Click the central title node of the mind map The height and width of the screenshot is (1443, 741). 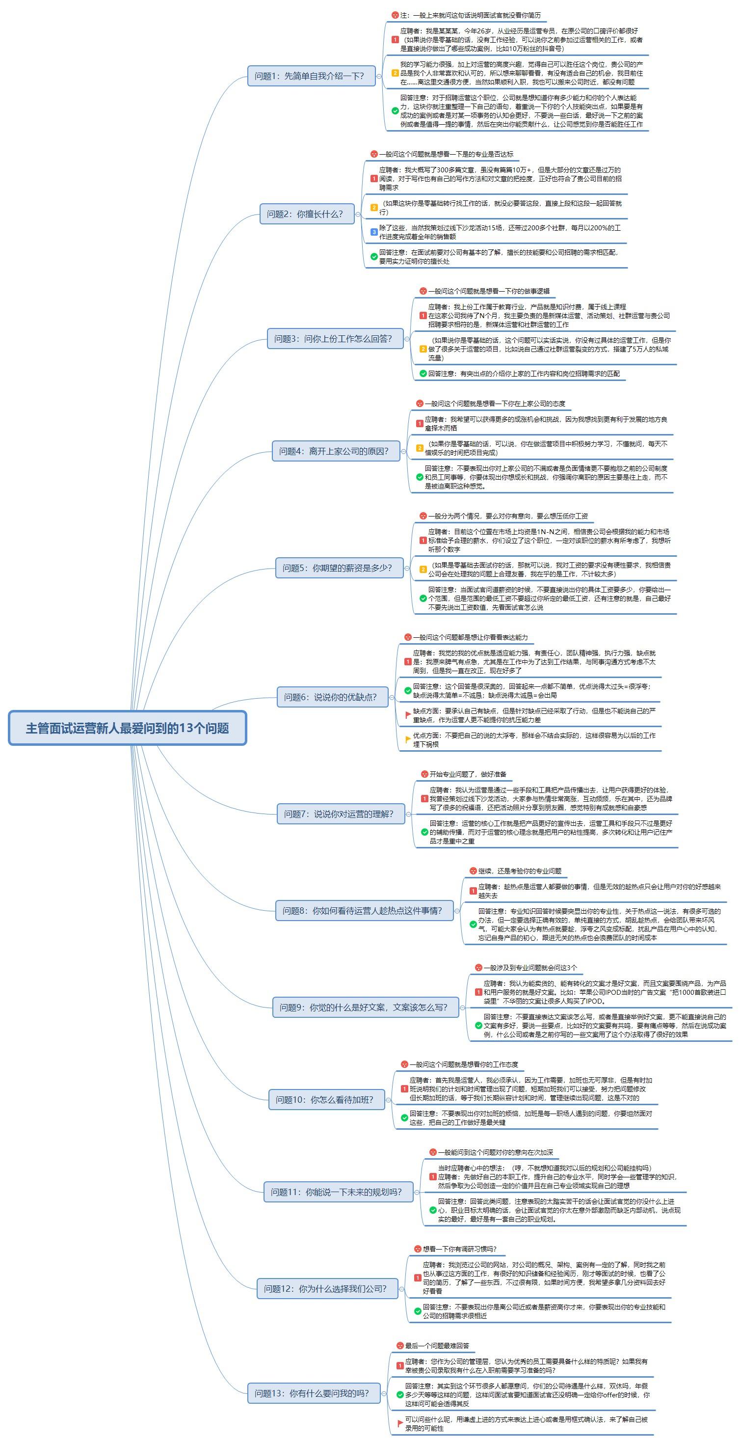pos(128,728)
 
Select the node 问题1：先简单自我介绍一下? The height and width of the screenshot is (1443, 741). pos(312,76)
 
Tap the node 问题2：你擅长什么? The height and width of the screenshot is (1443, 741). pos(307,214)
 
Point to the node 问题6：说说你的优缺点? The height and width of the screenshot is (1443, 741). pos(333,697)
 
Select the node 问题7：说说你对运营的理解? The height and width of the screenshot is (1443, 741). pos(341,814)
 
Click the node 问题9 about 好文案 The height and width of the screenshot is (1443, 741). pos(365,1007)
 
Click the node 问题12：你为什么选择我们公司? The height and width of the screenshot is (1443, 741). pos(327,1288)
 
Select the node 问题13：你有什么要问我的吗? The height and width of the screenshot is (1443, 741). pos(314,1393)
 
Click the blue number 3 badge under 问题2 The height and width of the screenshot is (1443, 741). pos(374,232)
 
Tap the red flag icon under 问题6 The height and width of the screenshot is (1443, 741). pos(408,715)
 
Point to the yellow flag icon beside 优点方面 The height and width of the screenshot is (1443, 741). pos(408,740)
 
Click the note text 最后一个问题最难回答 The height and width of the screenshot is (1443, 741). pos(437,1345)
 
